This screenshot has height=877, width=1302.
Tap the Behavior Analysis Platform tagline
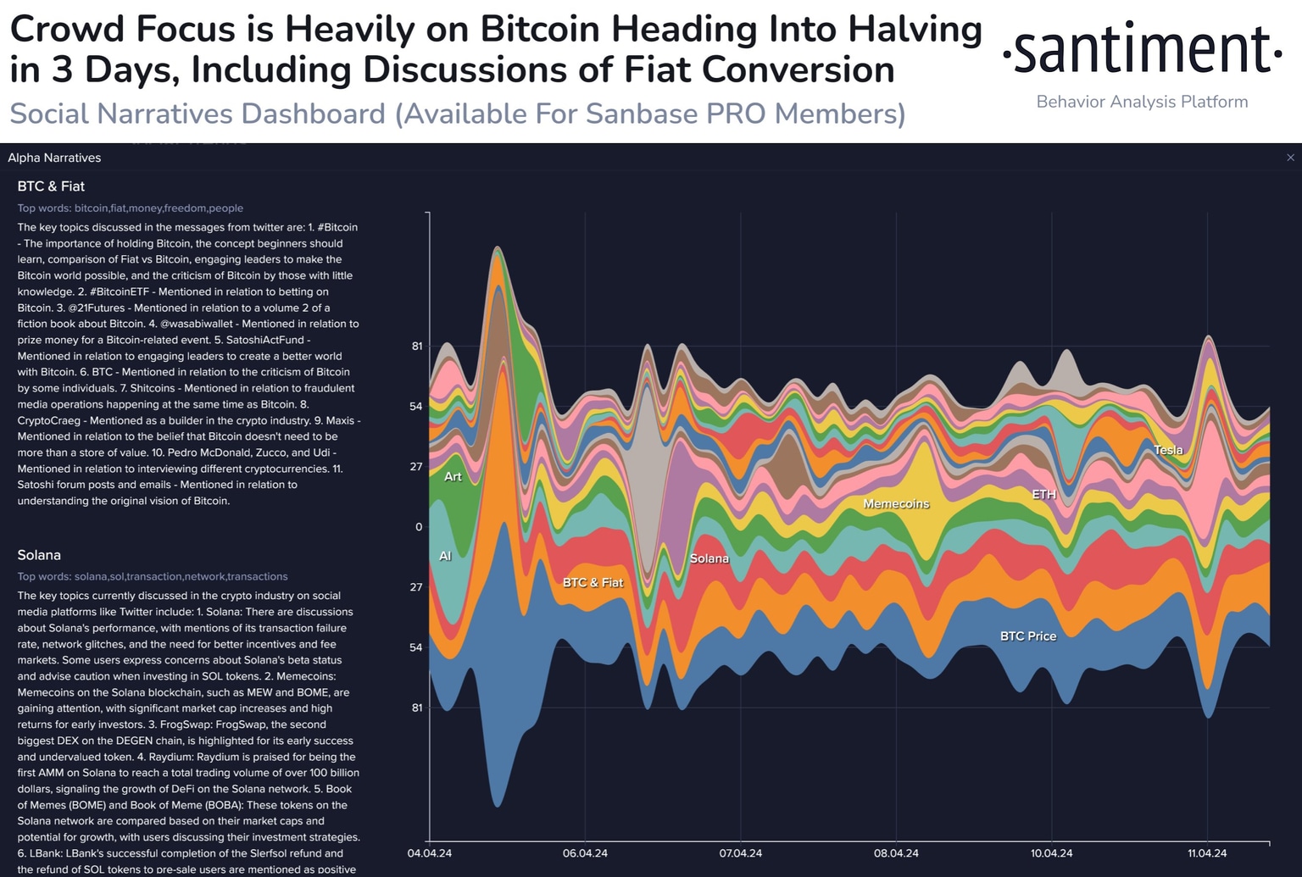point(1142,102)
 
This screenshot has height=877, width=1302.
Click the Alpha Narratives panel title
point(54,158)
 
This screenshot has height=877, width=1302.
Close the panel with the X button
point(1290,158)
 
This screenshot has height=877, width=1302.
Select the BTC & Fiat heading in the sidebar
point(51,186)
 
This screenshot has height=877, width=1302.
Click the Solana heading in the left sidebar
point(39,555)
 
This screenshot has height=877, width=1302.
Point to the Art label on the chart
point(453,476)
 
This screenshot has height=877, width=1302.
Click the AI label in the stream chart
point(445,556)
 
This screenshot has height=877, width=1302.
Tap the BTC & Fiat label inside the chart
point(593,582)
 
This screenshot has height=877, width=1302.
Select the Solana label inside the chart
point(709,558)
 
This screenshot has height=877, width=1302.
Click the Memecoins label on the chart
point(896,503)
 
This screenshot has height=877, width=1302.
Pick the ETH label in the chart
point(1043,494)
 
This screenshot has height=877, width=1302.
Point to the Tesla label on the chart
point(1168,450)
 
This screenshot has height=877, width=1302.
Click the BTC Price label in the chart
point(1028,636)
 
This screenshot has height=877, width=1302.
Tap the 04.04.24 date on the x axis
point(430,853)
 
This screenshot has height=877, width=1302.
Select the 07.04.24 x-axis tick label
point(741,853)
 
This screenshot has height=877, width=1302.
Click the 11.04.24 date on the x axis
point(1207,853)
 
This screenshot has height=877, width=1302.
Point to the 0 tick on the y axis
point(419,527)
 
